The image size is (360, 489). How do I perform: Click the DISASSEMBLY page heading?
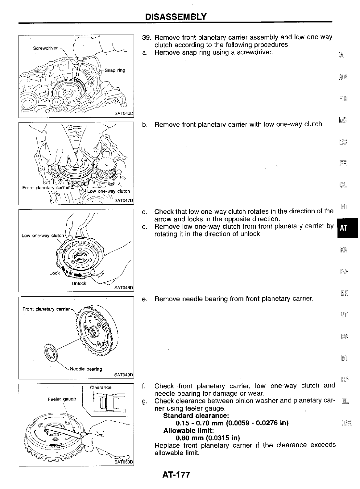[176, 16]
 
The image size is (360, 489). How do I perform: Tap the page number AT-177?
[176, 474]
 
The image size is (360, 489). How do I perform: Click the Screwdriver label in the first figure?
[45, 48]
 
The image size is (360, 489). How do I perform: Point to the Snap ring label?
[115, 70]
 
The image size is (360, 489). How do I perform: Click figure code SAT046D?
[123, 113]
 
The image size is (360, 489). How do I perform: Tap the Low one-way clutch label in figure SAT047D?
[109, 191]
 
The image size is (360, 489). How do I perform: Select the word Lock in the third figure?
[55, 273]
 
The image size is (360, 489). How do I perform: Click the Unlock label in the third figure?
[79, 283]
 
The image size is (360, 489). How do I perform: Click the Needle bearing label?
[86, 369]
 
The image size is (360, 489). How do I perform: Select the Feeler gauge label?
[62, 399]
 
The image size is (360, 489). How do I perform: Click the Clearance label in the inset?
[101, 387]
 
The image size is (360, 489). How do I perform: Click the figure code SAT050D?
[123, 462]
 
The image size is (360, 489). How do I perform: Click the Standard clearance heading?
[196, 416]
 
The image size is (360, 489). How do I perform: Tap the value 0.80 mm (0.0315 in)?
[208, 438]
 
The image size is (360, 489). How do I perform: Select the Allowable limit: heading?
[188, 430]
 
